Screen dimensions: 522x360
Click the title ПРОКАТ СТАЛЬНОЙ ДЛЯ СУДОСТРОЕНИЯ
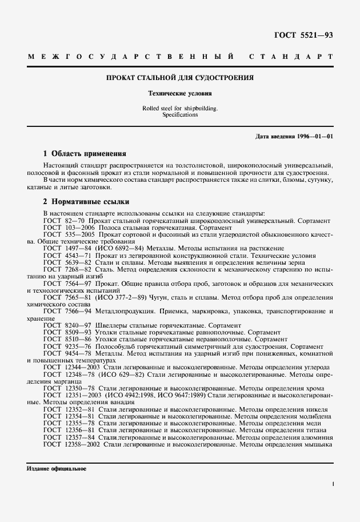(180, 77)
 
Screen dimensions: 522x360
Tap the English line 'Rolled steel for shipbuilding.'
(180, 108)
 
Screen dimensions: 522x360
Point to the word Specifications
(180, 114)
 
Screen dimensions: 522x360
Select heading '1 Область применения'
(85, 154)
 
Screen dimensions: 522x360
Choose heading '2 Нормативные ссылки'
(86, 202)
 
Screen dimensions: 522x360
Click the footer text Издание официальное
(57, 469)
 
